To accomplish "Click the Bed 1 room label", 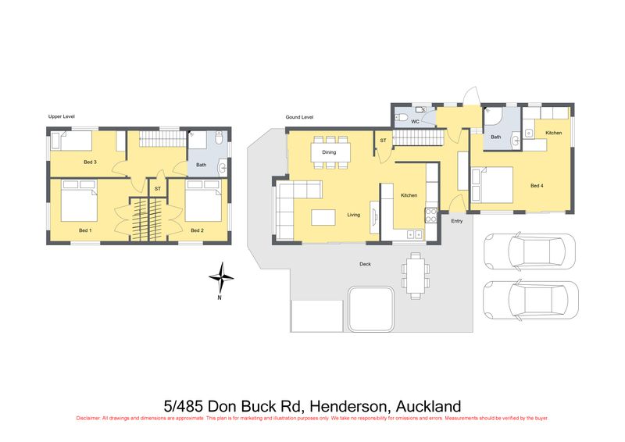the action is (85, 230).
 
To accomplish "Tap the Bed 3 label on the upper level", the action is (90, 162).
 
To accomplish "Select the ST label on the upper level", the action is (158, 188).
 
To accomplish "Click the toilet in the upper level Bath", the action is (219, 138).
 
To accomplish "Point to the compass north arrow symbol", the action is (221, 279).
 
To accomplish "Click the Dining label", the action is (329, 152).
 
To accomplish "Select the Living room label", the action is (354, 215).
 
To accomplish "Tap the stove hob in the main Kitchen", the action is (431, 216).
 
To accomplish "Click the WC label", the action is (415, 122).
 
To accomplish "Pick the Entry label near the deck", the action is (457, 221).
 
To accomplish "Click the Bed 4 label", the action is (537, 186).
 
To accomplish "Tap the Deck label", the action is (365, 264).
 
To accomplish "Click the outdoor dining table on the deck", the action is (416, 276).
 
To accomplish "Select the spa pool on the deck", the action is (370, 309).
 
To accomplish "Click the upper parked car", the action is (530, 251).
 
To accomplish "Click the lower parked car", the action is (530, 300).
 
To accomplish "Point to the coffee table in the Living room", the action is (323, 218).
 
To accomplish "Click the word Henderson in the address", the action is (348, 407).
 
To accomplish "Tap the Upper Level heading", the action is (62, 116).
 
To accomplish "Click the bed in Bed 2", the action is (203, 201).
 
